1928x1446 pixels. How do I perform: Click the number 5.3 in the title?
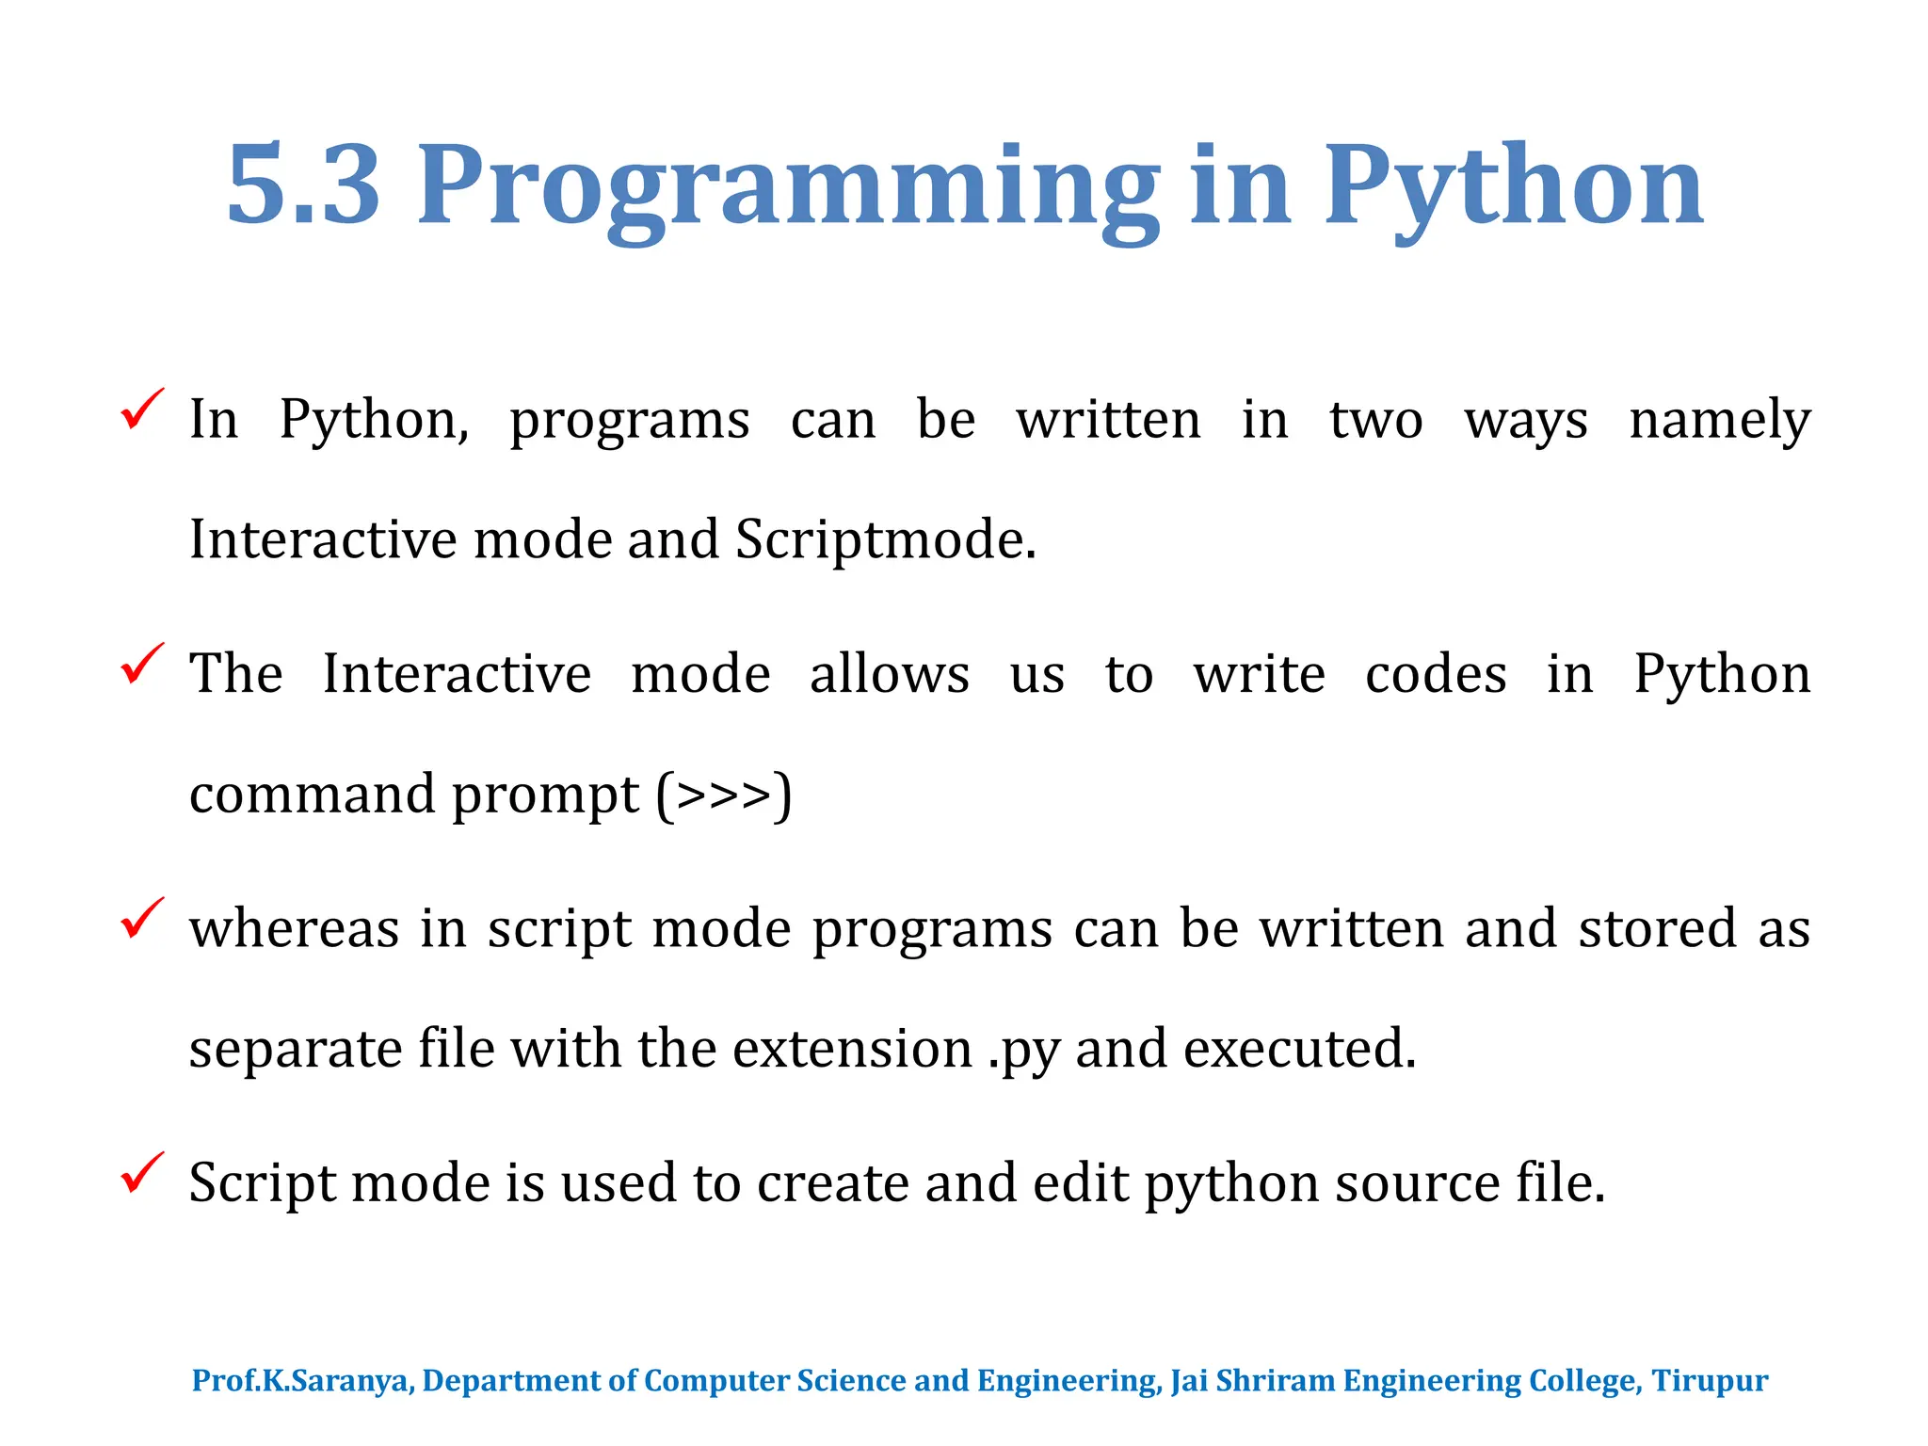click(303, 185)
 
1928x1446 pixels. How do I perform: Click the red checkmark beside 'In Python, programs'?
click(142, 410)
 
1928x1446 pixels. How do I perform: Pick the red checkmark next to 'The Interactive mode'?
click(142, 665)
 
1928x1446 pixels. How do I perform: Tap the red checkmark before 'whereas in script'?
click(142, 919)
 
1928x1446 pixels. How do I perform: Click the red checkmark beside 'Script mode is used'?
click(142, 1174)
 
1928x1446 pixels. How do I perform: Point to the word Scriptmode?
click(884, 540)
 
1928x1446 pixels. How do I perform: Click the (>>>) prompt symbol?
click(724, 795)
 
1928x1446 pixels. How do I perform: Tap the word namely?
click(1719, 420)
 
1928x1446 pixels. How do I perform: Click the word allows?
click(889, 674)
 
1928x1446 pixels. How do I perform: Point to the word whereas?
click(294, 929)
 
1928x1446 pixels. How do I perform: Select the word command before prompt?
click(312, 795)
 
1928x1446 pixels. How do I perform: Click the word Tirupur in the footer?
click(1710, 1381)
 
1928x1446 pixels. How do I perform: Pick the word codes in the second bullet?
click(1436, 674)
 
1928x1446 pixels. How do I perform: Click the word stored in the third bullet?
click(1657, 929)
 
